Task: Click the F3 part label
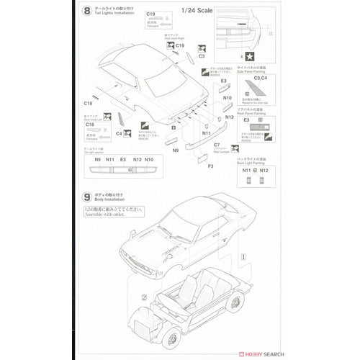[x=191, y=166]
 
